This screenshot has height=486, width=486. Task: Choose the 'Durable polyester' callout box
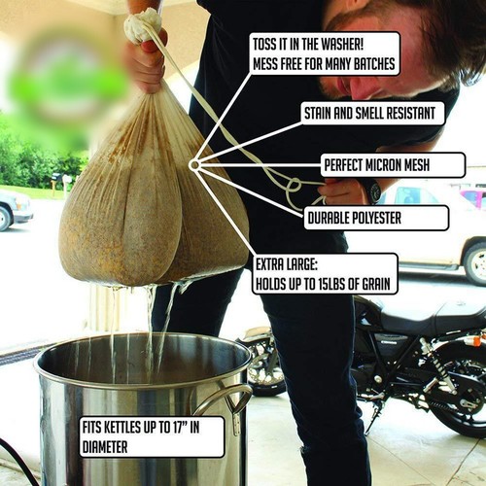(x=376, y=217)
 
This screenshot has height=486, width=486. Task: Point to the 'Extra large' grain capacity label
(x=325, y=273)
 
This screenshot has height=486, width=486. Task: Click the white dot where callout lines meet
(x=194, y=165)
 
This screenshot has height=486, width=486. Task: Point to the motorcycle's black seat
(x=428, y=316)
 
